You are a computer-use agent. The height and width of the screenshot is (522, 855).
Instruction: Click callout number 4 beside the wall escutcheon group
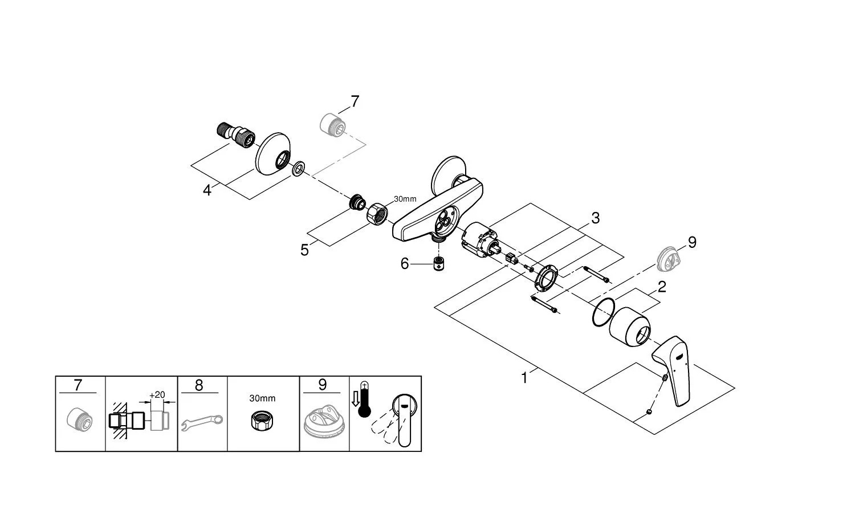(x=207, y=190)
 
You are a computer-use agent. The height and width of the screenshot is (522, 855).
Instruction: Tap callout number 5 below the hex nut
(x=304, y=250)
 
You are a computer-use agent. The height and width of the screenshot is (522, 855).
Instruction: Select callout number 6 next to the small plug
(x=405, y=264)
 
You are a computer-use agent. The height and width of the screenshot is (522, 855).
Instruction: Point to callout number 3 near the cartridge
(x=595, y=218)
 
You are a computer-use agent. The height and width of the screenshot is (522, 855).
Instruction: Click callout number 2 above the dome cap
(x=661, y=287)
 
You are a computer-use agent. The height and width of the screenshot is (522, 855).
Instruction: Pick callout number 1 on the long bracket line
(x=524, y=378)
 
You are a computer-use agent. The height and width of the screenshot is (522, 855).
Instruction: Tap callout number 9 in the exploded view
(x=692, y=242)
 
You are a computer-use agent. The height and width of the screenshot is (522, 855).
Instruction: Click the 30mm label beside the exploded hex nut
(x=405, y=199)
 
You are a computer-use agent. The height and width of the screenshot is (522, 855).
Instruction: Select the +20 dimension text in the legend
(x=157, y=395)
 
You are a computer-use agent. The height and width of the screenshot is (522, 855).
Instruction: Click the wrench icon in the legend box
(x=202, y=423)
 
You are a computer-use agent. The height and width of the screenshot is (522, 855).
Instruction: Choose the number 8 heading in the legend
(x=199, y=385)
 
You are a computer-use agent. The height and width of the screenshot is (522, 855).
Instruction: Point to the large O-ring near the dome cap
(x=604, y=312)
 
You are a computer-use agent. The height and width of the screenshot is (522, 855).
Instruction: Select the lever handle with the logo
(x=672, y=370)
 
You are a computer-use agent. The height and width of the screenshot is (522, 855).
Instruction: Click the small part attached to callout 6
(x=439, y=264)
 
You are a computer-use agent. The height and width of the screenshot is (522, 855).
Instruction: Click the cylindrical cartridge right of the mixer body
(x=479, y=241)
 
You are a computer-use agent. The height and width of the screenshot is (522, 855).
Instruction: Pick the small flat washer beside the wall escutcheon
(x=298, y=168)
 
